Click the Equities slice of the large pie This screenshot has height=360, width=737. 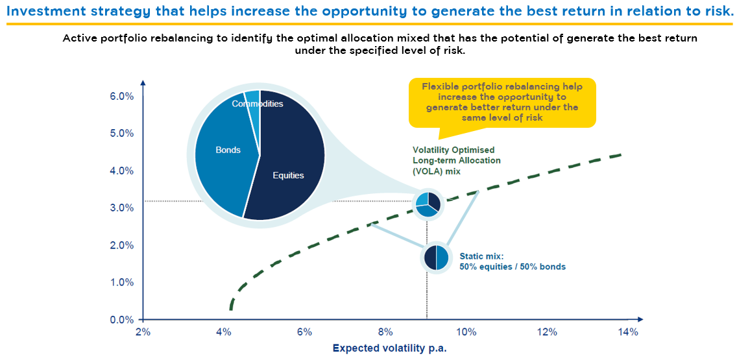click(x=289, y=175)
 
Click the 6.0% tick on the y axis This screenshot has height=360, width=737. click(x=121, y=96)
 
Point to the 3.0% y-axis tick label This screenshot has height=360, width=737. click(x=121, y=208)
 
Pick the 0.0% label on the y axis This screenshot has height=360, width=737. click(x=121, y=320)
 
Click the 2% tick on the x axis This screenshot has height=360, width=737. click(x=143, y=332)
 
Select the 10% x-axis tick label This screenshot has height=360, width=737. click(x=466, y=332)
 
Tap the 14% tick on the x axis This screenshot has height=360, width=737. click(x=628, y=332)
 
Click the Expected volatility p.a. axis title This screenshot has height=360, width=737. click(x=390, y=348)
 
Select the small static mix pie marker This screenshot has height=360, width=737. click(x=437, y=257)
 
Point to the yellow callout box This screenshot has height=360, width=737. click(x=501, y=102)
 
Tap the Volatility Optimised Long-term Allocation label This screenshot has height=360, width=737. click(x=457, y=160)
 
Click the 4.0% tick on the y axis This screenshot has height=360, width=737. click(x=121, y=171)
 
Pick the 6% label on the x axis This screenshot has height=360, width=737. click(x=304, y=332)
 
